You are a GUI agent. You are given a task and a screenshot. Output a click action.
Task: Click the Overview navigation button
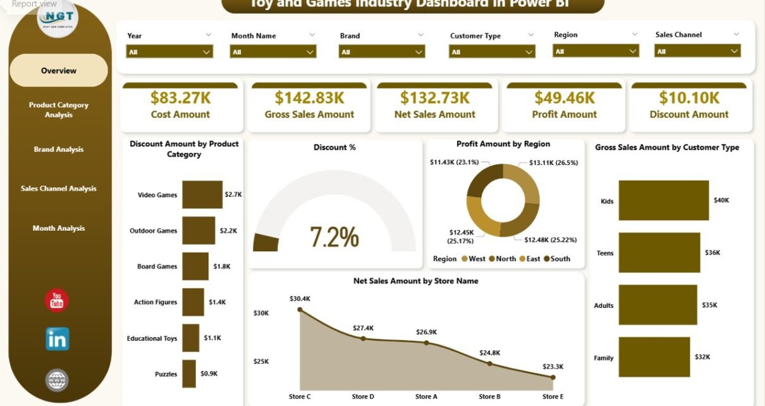pos(59,71)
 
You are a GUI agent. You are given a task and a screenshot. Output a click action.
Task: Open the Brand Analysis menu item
pos(59,150)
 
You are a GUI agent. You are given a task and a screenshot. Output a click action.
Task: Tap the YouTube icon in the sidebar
pos(57,300)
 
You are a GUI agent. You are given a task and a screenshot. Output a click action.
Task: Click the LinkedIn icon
pos(58,339)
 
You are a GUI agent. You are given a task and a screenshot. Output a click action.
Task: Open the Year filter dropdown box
pos(169,52)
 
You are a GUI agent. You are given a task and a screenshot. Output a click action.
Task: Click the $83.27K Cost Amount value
pos(180,97)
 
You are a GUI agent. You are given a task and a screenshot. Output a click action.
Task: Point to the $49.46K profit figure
pos(564,97)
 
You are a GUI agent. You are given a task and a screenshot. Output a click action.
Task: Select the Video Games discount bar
pos(202,195)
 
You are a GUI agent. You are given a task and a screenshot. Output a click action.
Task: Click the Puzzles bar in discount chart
pos(189,374)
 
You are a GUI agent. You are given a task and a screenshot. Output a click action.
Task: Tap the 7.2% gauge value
pos(334,237)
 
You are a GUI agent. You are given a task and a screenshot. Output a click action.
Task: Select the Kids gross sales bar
pos(663,200)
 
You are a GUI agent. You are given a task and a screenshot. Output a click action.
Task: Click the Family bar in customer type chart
pos(654,357)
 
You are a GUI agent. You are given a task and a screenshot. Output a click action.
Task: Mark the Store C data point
pos(300,310)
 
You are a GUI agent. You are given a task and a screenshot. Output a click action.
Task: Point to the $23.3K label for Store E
pos(553,366)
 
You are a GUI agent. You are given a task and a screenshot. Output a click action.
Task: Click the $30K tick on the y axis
pos(261,313)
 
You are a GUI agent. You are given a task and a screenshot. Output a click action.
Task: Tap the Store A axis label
pos(426,397)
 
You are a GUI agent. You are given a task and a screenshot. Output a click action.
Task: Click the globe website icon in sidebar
pos(57,380)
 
